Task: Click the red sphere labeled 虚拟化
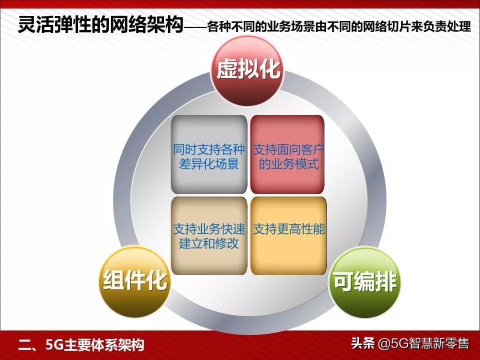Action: click(x=248, y=70)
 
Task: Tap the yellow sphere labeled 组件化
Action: click(x=135, y=281)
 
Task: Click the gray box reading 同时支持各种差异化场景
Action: click(x=209, y=156)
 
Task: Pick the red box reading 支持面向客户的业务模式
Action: click(x=288, y=156)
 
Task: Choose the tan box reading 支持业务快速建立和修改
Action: click(x=209, y=236)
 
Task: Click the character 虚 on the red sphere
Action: click(x=226, y=70)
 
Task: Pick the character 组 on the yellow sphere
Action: click(x=113, y=281)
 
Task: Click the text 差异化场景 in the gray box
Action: click(x=209, y=164)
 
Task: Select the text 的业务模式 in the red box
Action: click(x=288, y=164)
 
